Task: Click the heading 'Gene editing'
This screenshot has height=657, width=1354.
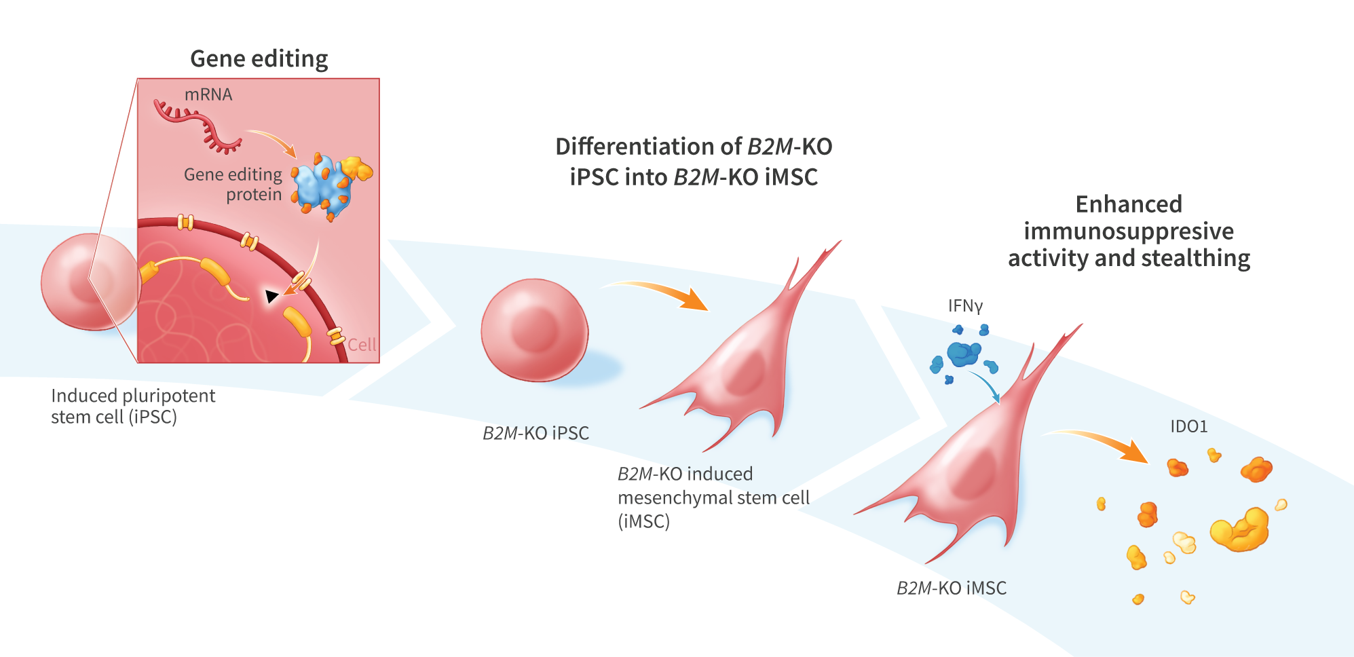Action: (259, 59)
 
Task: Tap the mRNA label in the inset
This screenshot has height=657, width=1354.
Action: (208, 94)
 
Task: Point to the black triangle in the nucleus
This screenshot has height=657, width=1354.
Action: (271, 296)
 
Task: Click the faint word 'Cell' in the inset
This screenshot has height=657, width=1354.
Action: (362, 345)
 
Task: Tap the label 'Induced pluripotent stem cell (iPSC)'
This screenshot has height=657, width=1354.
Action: (133, 406)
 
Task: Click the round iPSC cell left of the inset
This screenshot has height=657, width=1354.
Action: (90, 282)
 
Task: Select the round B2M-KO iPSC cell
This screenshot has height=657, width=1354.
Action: (535, 330)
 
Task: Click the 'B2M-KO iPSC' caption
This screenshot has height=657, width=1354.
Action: (535, 433)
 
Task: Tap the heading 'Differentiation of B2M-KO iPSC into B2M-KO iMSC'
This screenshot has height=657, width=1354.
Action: (694, 162)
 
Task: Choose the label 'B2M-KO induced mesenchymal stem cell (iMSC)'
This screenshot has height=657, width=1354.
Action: (713, 498)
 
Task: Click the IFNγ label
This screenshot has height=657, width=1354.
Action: (965, 306)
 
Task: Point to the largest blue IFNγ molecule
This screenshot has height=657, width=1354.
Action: (964, 354)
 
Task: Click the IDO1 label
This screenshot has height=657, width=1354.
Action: (1189, 426)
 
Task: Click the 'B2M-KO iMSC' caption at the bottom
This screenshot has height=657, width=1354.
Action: (952, 588)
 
